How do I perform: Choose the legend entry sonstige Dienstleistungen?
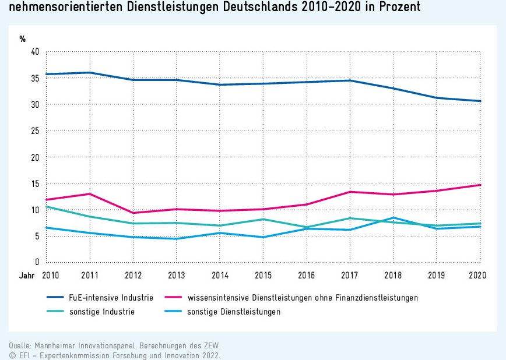click(234, 312)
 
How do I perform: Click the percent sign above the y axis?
click(23, 39)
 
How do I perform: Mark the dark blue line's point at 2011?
click(90, 73)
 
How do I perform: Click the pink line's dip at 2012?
click(133, 213)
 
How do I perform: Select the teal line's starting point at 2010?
click(47, 206)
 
